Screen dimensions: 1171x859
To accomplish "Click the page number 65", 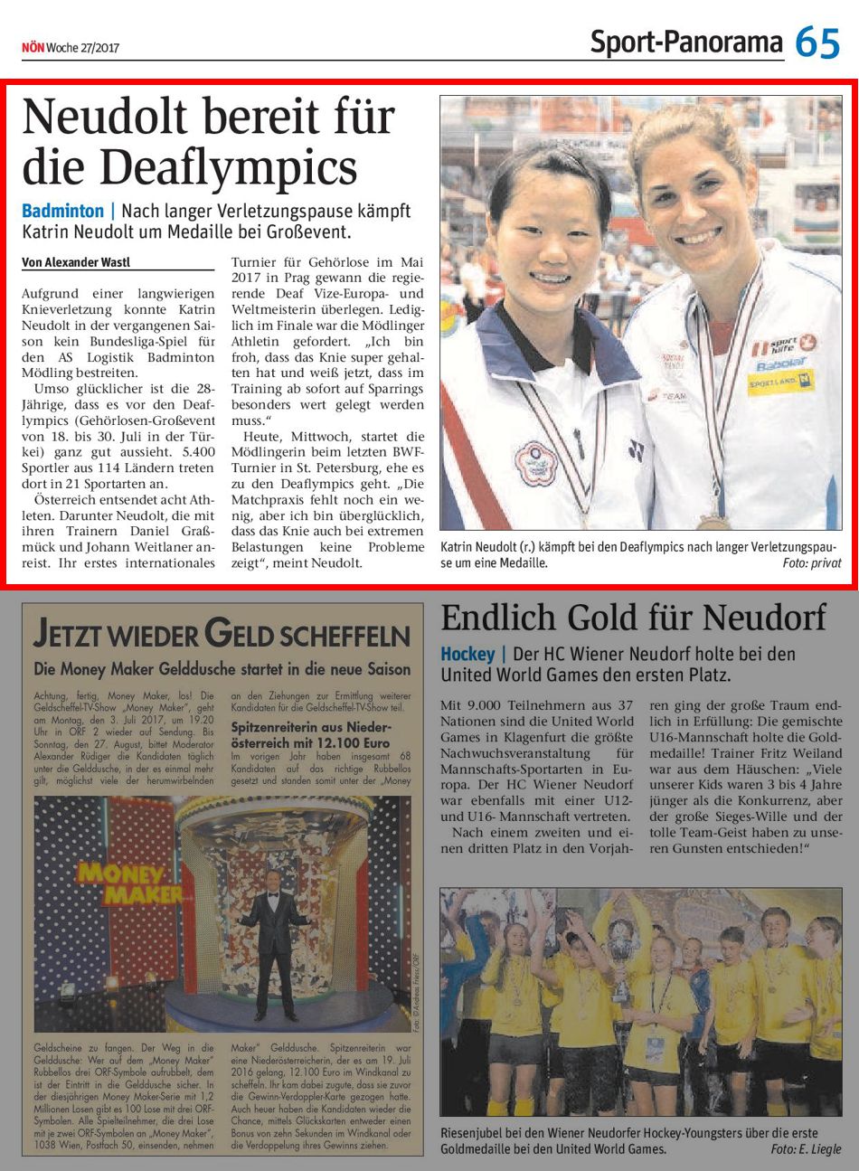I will (x=818, y=42).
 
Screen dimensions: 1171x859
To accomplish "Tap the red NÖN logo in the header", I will (x=33, y=48).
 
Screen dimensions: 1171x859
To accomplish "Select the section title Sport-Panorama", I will (x=686, y=42).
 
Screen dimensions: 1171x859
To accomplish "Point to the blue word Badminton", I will (x=63, y=211).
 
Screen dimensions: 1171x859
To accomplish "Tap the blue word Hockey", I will (x=467, y=654).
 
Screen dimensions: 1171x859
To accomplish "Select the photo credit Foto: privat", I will (x=811, y=562).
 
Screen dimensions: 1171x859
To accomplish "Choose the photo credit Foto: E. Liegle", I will (x=806, y=1149).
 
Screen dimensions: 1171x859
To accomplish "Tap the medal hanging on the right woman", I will (x=714, y=521).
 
